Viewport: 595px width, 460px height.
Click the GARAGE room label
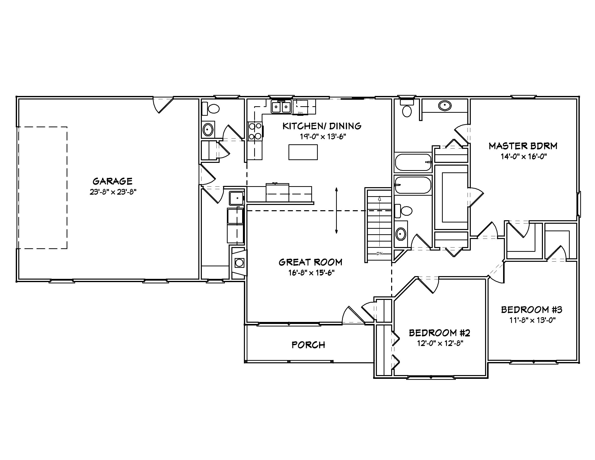pyautogui.click(x=112, y=181)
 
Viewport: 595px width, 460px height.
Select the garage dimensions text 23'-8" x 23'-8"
pyautogui.click(x=113, y=192)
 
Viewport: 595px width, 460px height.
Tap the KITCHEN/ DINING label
pyautogui.click(x=322, y=126)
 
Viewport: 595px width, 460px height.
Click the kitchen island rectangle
pyautogui.click(x=303, y=152)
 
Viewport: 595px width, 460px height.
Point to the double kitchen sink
pyautogui.click(x=281, y=107)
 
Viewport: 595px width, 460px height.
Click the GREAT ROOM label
pyautogui.click(x=310, y=262)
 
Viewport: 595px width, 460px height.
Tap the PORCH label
pyautogui.click(x=308, y=345)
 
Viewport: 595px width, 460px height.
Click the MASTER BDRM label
pyautogui.click(x=523, y=146)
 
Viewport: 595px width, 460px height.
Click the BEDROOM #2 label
pyautogui.click(x=440, y=333)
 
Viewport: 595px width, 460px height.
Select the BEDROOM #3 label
pyautogui.click(x=532, y=310)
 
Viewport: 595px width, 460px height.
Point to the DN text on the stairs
pyautogui.click(x=379, y=254)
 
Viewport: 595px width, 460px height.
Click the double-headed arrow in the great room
pyautogui.click(x=337, y=210)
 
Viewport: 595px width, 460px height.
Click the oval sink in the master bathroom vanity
pyautogui.click(x=444, y=105)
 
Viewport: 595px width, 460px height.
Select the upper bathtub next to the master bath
pyautogui.click(x=413, y=162)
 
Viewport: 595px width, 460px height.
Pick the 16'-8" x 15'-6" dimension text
pyautogui.click(x=311, y=273)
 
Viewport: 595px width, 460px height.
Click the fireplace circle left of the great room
pyautogui.click(x=239, y=263)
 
